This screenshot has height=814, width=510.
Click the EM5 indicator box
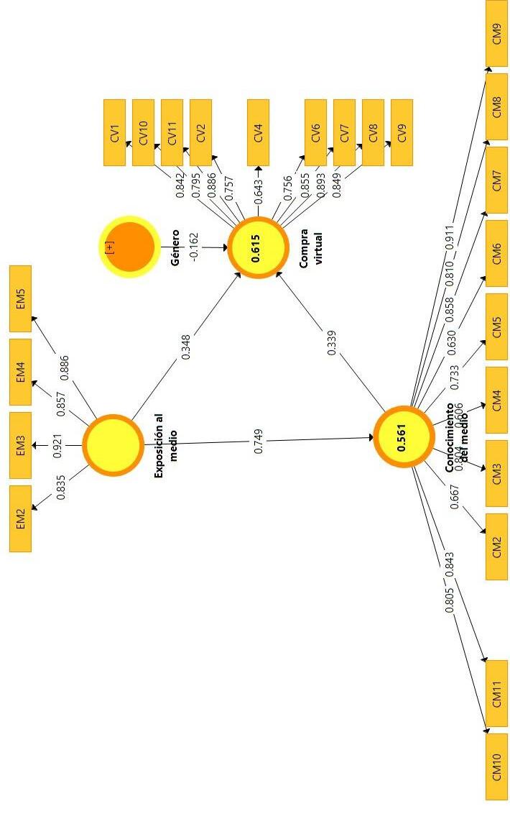click(x=20, y=299)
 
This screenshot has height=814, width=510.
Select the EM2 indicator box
click(x=20, y=518)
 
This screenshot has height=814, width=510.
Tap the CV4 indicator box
click(x=258, y=132)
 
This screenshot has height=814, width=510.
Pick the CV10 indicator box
click(x=143, y=132)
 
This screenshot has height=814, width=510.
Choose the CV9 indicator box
click(x=402, y=132)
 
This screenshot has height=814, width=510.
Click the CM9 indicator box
click(x=496, y=34)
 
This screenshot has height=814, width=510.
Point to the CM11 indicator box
click(x=496, y=693)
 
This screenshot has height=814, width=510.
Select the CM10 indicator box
click(x=496, y=767)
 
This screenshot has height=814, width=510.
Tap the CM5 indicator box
click(x=496, y=326)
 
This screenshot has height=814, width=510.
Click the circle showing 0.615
click(x=258, y=247)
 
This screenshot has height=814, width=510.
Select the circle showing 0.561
click(x=403, y=436)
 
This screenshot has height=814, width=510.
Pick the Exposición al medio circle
click(x=113, y=445)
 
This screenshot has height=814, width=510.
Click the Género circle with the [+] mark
click(x=130, y=247)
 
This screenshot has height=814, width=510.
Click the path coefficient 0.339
click(x=331, y=343)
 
